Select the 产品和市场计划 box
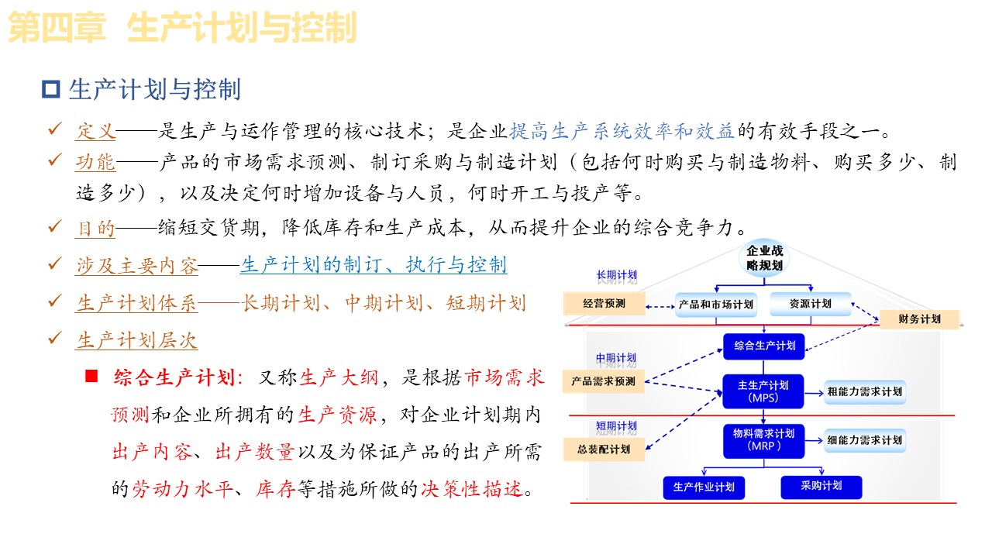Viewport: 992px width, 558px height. point(715,304)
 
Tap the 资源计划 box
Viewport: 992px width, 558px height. point(810,304)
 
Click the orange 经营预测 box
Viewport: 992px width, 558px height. point(604,304)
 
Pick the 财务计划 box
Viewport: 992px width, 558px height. point(919,319)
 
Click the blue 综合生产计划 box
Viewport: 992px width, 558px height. point(764,346)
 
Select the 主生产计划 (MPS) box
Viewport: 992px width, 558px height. point(764,391)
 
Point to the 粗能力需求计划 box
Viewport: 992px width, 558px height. point(864,391)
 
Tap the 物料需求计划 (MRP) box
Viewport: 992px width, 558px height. point(764,439)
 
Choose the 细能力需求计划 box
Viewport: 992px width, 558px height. point(864,440)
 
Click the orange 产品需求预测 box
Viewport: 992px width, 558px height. point(604,381)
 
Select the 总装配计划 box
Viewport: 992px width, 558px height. point(604,449)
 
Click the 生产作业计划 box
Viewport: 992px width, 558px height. point(704,487)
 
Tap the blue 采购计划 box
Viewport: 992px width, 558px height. point(821,486)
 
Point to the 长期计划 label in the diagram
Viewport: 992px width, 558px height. point(616,275)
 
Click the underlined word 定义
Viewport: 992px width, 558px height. point(95,131)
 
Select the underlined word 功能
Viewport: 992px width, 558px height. point(95,162)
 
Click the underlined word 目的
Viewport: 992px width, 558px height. point(95,228)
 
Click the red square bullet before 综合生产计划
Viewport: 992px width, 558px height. point(92,377)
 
